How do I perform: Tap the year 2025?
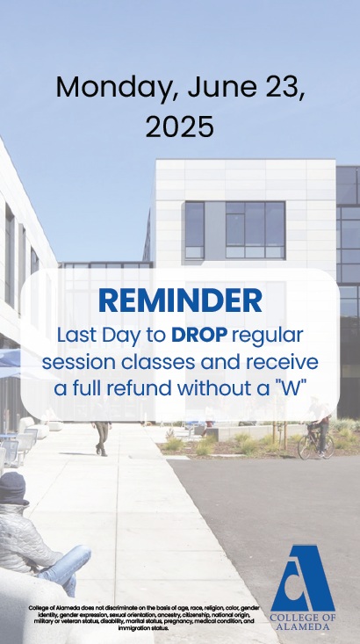tap(179, 127)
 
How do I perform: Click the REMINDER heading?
tap(179, 300)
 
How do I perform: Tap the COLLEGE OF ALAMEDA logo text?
tap(303, 625)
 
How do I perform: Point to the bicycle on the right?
tap(314, 445)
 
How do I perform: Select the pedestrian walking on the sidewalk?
tap(102, 435)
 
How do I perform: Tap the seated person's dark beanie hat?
tap(12, 486)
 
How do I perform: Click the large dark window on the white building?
tap(255, 229)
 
